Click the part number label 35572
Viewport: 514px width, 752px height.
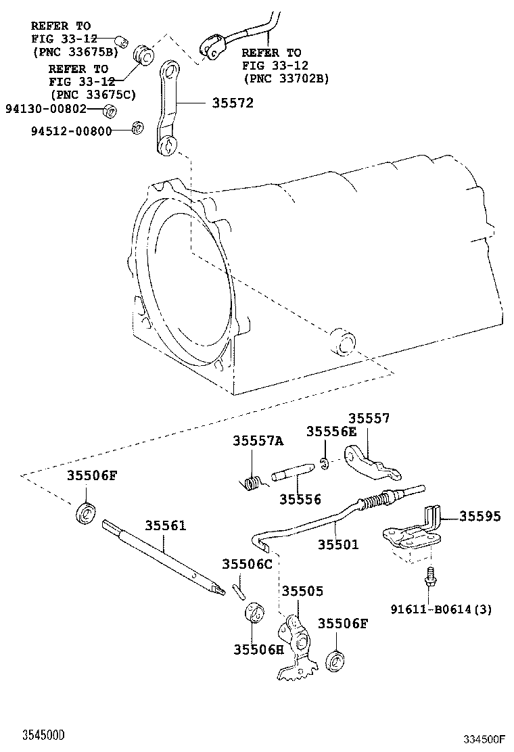click(x=233, y=103)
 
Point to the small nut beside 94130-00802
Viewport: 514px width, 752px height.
click(x=112, y=110)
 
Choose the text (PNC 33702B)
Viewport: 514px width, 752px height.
click(x=285, y=78)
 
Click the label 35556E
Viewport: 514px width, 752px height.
click(x=331, y=431)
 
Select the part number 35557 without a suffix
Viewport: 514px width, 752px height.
click(x=369, y=419)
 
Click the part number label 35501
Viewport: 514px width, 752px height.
click(x=338, y=544)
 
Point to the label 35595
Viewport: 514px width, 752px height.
click(x=480, y=516)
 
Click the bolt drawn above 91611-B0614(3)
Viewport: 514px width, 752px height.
click(x=428, y=579)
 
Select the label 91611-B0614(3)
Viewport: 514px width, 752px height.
click(x=441, y=609)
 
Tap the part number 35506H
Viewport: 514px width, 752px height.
click(x=259, y=649)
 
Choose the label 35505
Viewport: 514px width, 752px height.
click(x=302, y=590)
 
